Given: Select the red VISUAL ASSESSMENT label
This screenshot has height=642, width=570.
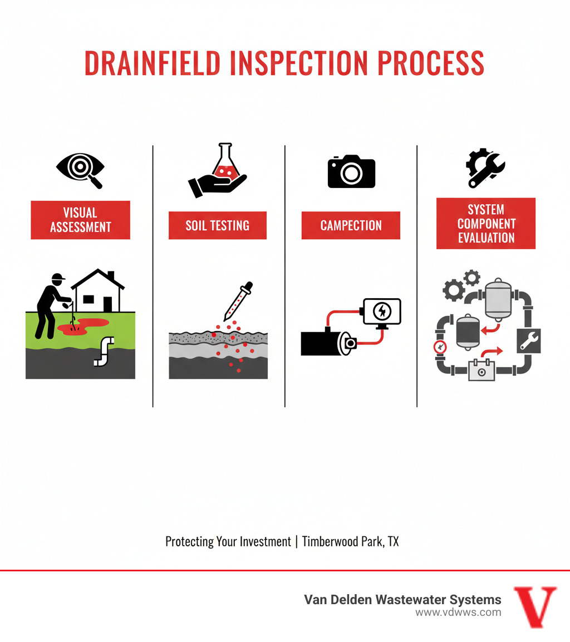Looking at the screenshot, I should click(80, 220).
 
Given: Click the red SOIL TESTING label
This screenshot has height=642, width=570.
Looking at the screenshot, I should click(217, 225).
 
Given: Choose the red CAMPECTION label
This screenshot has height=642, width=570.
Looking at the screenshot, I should click(351, 225).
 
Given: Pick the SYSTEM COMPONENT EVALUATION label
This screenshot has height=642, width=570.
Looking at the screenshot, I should click(485, 224).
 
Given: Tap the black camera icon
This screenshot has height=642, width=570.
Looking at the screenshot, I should click(351, 172).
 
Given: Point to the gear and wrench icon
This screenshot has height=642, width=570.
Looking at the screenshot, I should click(485, 168).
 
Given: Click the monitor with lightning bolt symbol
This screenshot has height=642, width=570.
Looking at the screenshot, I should click(381, 312).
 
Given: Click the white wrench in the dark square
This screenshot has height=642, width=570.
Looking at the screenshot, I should click(528, 340).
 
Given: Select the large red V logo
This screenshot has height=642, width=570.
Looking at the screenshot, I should click(534, 606).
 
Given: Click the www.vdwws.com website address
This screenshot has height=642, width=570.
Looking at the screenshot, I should click(458, 613).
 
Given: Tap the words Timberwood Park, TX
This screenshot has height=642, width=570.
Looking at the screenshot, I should click(350, 541).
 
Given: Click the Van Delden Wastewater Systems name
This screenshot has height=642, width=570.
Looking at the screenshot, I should click(402, 599).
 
